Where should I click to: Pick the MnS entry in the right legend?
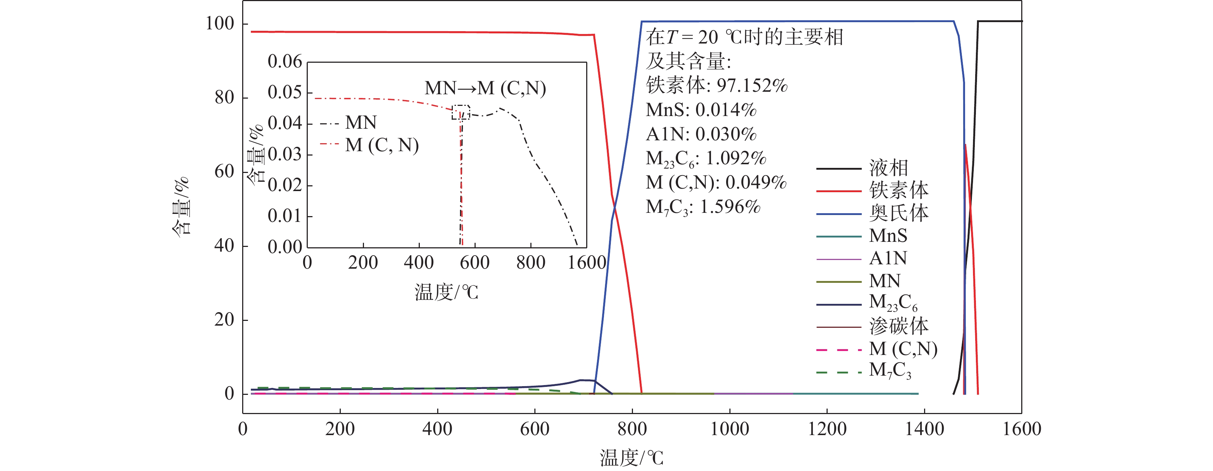point(887,236)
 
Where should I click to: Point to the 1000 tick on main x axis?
point(729,429)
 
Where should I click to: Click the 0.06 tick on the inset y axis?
point(285,62)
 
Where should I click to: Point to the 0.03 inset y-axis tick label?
point(285,154)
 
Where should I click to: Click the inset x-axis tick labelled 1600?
point(587,263)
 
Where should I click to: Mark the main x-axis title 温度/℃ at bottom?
point(631,457)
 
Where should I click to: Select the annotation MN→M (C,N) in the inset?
point(485,88)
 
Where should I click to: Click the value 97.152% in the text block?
point(752,86)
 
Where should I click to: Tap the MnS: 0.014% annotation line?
point(701,110)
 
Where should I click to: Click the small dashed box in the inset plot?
point(460,112)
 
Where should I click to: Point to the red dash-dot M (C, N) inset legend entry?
point(381,145)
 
